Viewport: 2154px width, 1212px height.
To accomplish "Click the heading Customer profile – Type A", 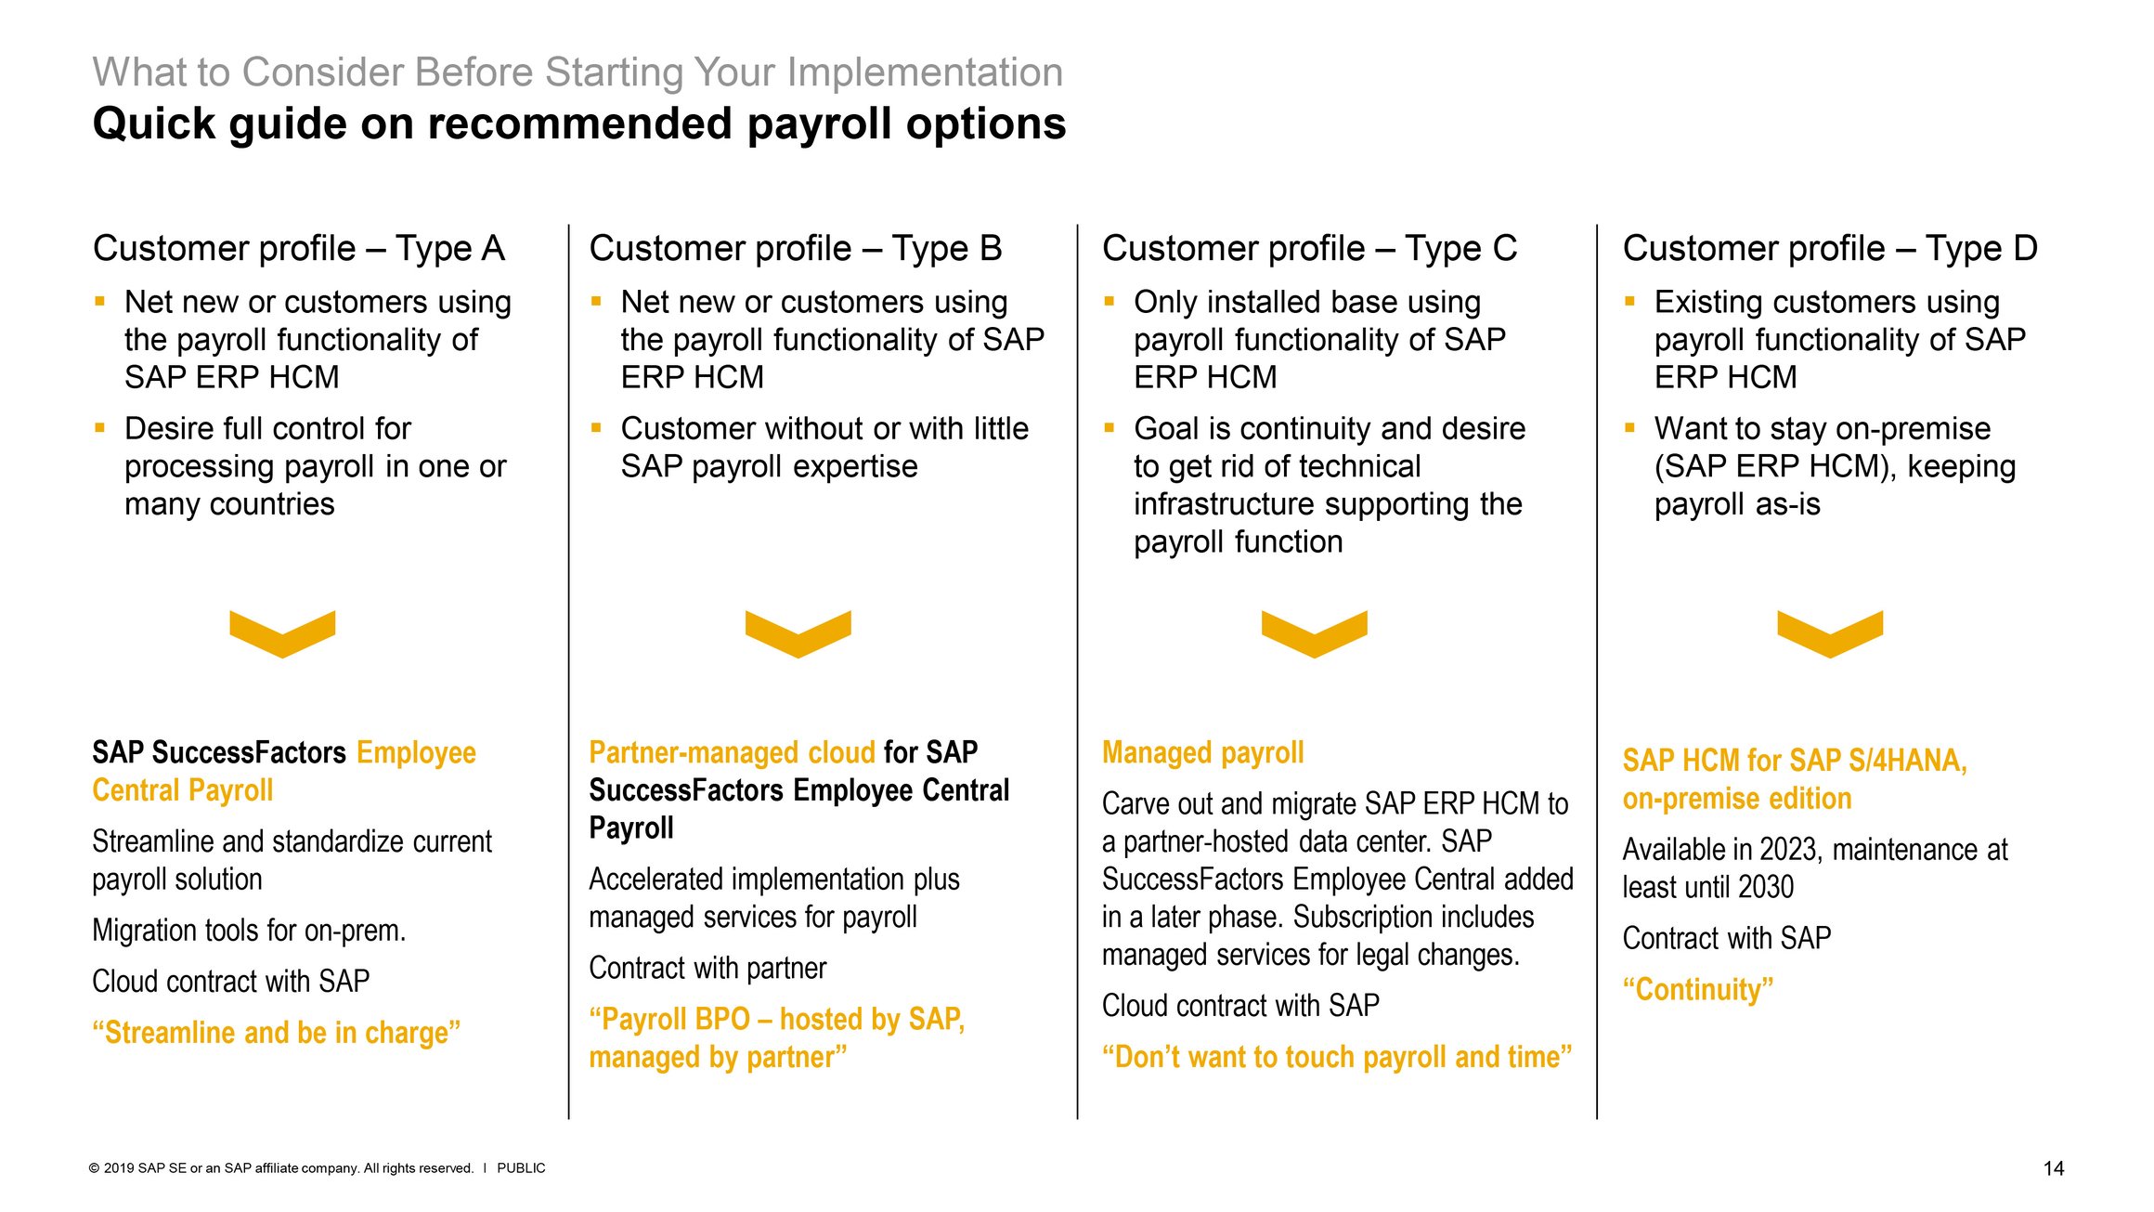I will (298, 249).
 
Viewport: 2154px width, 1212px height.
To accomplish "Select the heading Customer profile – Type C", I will (1309, 249).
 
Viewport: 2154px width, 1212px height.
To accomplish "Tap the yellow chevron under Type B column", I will (798, 633).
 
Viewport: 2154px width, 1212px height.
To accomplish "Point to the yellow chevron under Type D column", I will (1830, 633).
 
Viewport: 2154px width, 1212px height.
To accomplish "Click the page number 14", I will (2053, 1168).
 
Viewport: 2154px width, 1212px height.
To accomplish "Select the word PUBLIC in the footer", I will (521, 1168).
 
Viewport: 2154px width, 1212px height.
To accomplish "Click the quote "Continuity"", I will (1697, 989).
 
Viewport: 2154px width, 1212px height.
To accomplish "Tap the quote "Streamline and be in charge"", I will (276, 1033).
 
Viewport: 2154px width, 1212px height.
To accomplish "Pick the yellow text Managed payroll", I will (1202, 752).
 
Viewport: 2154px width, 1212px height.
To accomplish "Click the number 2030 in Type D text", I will (1765, 888).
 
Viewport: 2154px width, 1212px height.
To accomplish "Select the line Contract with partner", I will (707, 969).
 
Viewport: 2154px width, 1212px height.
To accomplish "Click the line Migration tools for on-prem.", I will (249, 931).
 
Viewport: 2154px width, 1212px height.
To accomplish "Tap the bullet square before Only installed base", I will (1109, 301).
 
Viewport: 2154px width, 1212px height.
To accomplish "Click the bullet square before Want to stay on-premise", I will (1629, 427).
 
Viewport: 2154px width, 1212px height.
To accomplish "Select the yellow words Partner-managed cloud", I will (732, 752).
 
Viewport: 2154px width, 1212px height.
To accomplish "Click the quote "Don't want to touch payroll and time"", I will (1336, 1057).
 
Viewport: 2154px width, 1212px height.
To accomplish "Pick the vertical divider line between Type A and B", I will (569, 669).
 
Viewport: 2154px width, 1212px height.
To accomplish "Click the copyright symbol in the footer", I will (94, 1168).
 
